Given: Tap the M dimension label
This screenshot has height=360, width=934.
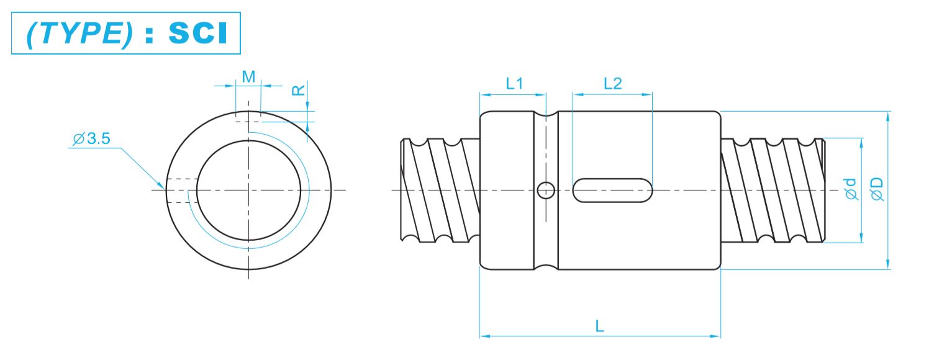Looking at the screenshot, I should [248, 76].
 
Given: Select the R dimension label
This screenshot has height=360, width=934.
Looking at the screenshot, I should [299, 90].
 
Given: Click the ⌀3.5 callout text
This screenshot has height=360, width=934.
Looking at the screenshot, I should [91, 139].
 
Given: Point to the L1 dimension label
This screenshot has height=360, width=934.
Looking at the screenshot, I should [514, 83].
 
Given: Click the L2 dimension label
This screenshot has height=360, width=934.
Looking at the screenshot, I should [612, 83].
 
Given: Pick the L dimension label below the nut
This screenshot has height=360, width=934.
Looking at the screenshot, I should [599, 326].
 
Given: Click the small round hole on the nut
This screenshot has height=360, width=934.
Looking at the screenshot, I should [546, 190].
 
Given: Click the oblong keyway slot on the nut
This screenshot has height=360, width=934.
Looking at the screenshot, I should [612, 190].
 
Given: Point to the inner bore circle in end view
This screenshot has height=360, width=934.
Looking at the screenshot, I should [248, 190].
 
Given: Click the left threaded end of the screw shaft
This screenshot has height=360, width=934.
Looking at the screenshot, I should [440, 190].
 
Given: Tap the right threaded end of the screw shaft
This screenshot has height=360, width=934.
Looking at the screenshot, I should [773, 190].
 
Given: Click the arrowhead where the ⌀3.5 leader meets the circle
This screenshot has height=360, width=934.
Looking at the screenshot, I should [162, 185].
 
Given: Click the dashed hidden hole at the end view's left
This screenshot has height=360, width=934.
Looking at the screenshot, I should [181, 190].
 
